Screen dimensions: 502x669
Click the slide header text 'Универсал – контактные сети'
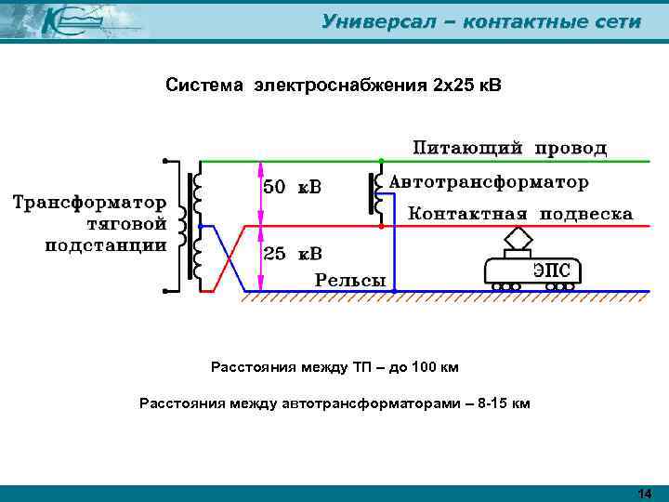pos(480,21)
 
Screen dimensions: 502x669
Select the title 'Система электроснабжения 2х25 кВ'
pos(333,86)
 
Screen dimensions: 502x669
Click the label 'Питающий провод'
pos(510,147)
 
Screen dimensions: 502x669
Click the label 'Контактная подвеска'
pos(521,213)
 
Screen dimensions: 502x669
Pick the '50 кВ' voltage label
pos(293,187)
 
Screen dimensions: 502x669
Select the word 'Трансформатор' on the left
pos(89,201)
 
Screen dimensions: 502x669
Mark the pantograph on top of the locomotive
pos(518,241)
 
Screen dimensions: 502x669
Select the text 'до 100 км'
pos(422,367)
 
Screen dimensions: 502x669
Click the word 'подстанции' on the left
pos(106,245)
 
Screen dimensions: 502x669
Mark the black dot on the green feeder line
pos(379,161)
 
